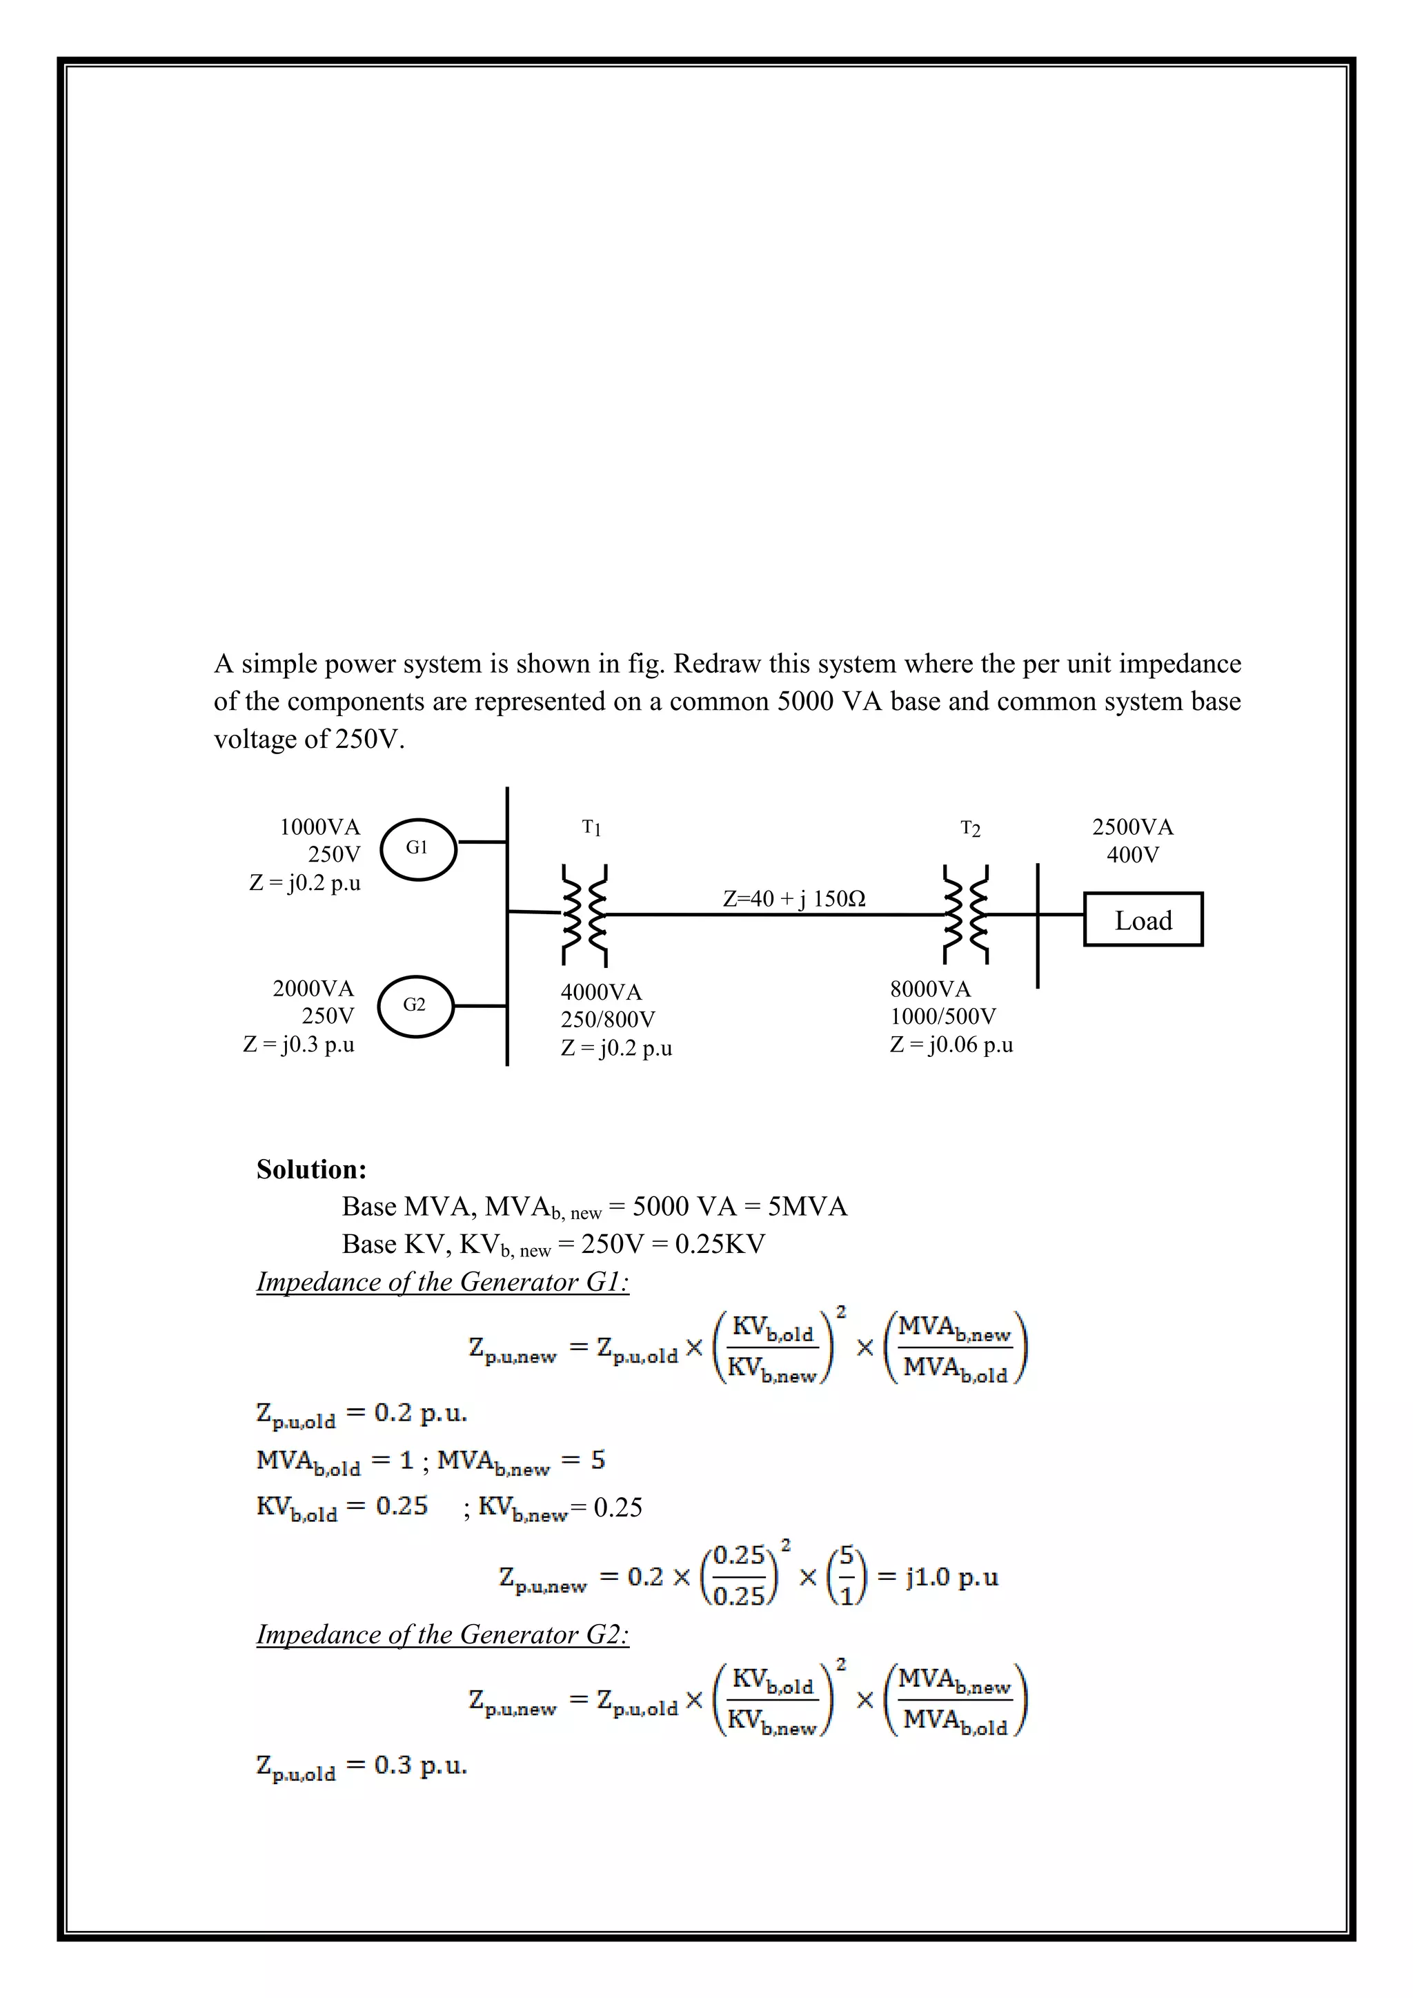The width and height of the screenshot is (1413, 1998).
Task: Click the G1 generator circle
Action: pyautogui.click(x=419, y=849)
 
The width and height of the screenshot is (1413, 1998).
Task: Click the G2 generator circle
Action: pyautogui.click(x=415, y=1006)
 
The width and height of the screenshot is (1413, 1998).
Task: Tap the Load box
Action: pyautogui.click(x=1143, y=920)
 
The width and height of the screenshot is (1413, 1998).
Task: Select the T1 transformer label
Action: pyautogui.click(x=592, y=828)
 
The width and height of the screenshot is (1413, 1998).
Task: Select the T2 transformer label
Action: pyautogui.click(x=970, y=829)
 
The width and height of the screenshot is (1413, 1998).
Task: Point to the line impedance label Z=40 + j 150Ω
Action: pyautogui.click(x=793, y=899)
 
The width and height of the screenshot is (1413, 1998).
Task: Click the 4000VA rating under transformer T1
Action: pyautogui.click(x=601, y=992)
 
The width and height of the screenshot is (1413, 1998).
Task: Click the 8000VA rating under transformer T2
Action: pyautogui.click(x=930, y=989)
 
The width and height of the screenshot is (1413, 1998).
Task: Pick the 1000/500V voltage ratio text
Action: pyautogui.click(x=943, y=1016)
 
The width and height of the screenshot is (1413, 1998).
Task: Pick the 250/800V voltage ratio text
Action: pyautogui.click(x=608, y=1019)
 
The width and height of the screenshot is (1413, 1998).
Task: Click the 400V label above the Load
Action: pyautogui.click(x=1133, y=855)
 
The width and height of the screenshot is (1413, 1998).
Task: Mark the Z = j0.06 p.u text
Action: pyautogui.click(x=951, y=1045)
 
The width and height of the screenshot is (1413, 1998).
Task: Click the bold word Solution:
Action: pyautogui.click(x=311, y=1169)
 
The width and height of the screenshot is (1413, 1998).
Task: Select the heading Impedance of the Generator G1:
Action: pyautogui.click(x=443, y=1282)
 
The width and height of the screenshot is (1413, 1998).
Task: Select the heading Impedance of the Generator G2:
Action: pyautogui.click(x=443, y=1634)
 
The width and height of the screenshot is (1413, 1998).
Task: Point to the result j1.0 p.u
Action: pyautogui.click(x=951, y=1577)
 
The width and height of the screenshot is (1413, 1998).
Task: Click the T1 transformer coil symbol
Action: pyautogui.click(x=584, y=915)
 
